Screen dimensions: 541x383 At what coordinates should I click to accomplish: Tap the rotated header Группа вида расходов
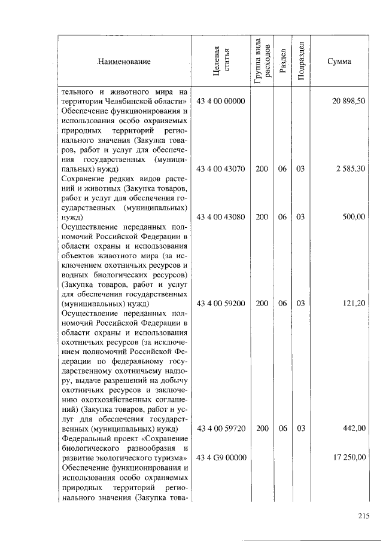(262, 61)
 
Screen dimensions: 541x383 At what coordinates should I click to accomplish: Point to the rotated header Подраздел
(301, 61)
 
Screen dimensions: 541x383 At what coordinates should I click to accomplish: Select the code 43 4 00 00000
(221, 102)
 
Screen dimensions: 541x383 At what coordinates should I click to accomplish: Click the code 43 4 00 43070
(221, 169)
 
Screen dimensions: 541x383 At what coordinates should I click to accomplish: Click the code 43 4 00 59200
(221, 304)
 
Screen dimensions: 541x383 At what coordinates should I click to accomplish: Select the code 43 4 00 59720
(221, 429)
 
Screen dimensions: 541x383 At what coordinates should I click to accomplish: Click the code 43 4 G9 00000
(221, 457)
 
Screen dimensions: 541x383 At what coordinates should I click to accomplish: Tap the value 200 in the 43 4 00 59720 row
(262, 429)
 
